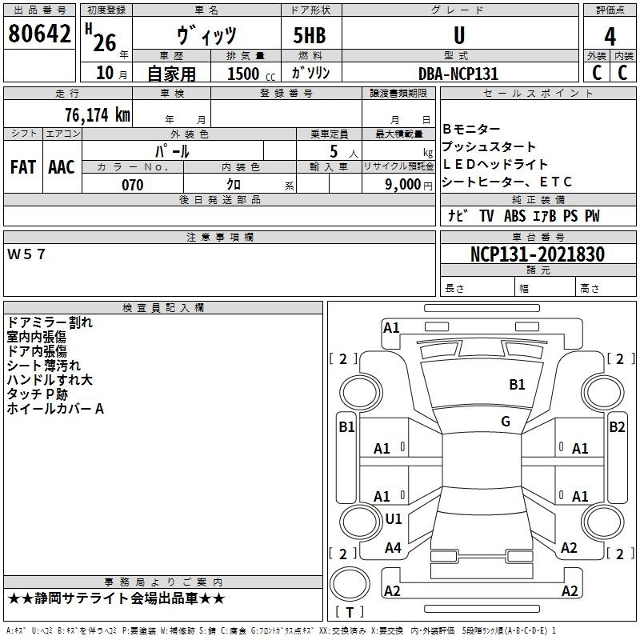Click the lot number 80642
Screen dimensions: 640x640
39,34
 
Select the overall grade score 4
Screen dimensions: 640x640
610,36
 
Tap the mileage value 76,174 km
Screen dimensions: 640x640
98,114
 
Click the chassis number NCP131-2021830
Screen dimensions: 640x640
538,254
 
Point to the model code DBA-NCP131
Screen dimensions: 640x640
458,74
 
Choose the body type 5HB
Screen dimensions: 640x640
310,35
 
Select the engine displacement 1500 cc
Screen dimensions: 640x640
251,74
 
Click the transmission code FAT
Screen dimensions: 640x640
23,167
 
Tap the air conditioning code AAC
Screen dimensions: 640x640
62,167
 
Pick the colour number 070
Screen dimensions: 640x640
133,185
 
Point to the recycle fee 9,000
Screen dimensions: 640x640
403,185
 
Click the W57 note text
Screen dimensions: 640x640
26,254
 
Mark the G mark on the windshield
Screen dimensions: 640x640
506,422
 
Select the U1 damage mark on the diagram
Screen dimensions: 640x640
394,518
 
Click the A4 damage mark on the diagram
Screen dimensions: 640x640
393,547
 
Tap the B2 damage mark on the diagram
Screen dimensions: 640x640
617,427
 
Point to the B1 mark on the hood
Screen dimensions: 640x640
517,385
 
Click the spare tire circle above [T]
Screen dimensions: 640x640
350,584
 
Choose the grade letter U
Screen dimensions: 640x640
459,35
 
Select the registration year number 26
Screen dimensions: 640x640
105,42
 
